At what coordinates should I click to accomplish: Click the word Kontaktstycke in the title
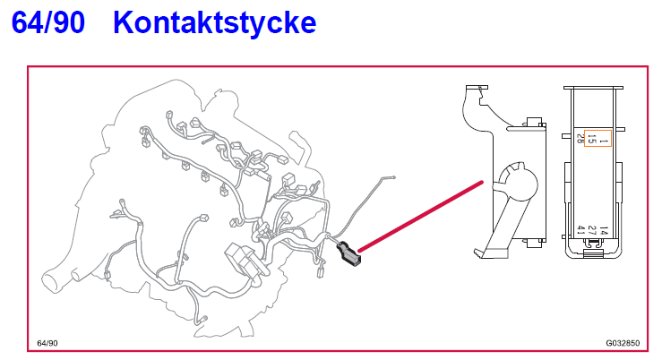pos(215,23)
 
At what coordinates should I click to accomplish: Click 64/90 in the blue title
pos(49,23)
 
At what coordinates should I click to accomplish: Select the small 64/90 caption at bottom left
pos(47,343)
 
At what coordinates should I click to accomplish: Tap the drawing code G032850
pos(623,343)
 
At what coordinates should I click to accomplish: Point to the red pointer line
pos(421,216)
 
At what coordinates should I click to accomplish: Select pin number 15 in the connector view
pos(592,140)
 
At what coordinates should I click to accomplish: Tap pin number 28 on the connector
pos(580,138)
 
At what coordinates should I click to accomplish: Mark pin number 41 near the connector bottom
pos(581,231)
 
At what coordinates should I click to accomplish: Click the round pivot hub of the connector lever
pos(516,183)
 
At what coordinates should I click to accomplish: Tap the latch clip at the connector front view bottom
pos(591,253)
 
